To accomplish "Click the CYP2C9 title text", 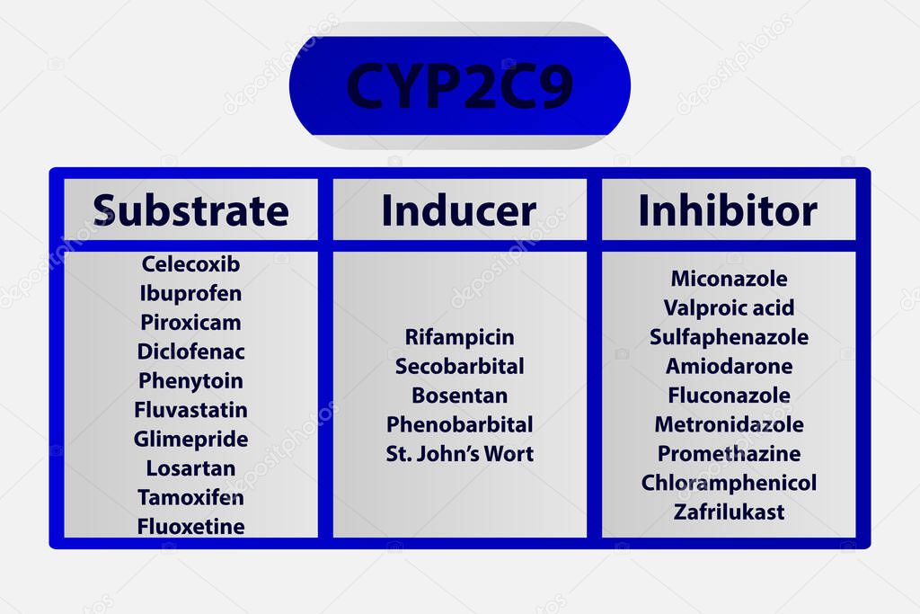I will point(459,86).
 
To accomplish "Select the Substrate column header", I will point(190,210).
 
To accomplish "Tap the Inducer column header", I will point(459,210).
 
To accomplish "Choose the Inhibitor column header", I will point(728,210).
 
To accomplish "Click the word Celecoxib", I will point(190,264).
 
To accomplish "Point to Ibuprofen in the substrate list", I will point(190,293).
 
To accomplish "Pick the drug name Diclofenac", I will point(190,351).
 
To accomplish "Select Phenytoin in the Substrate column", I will point(190,380).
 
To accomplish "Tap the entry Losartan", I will point(190,468).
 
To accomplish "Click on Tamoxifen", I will point(190,497).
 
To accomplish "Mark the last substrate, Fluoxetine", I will point(190,526).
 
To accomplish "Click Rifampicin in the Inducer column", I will point(459,337).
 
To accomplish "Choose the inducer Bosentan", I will point(459,396).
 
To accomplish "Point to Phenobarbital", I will point(459,424).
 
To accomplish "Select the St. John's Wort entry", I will point(459,453).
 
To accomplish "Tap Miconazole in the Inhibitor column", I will point(729,279).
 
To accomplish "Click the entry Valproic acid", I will point(729,307).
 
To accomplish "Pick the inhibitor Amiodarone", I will point(729,366).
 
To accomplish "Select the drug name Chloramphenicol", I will point(729,483).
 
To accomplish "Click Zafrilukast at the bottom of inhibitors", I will point(729,512).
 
